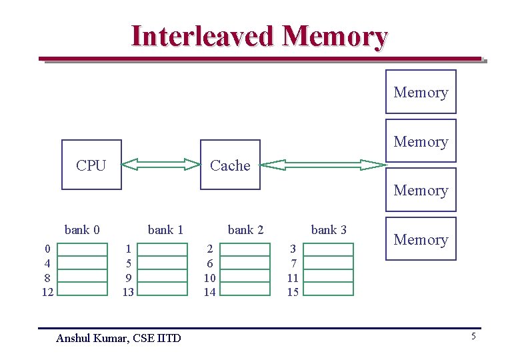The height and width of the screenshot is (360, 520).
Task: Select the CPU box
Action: [x=91, y=165]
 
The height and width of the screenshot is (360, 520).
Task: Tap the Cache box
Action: [x=230, y=165]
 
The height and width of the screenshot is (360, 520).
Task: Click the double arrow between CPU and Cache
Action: [x=161, y=164]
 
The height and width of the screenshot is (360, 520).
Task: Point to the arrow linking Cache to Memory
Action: [x=323, y=164]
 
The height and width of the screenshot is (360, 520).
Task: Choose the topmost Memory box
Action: [x=421, y=92]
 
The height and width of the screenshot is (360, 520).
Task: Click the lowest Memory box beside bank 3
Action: [x=421, y=239]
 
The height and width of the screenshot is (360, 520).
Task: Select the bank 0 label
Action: [x=82, y=230]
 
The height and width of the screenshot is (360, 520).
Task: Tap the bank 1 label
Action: [x=165, y=230]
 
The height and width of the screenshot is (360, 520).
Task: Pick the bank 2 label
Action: [x=245, y=230]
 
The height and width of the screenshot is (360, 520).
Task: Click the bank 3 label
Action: [x=329, y=230]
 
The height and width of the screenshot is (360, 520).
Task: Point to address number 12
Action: [x=47, y=292]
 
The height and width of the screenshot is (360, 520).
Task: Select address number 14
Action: [x=209, y=292]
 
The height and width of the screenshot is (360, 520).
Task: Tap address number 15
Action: [x=293, y=292]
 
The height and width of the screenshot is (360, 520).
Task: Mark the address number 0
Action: [x=47, y=249]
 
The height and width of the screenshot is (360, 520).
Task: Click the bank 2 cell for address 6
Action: [x=245, y=263]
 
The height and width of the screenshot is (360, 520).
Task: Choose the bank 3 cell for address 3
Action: [x=328, y=249]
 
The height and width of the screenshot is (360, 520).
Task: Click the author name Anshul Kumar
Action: [x=93, y=338]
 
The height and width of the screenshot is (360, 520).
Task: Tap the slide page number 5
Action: [x=473, y=337]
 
